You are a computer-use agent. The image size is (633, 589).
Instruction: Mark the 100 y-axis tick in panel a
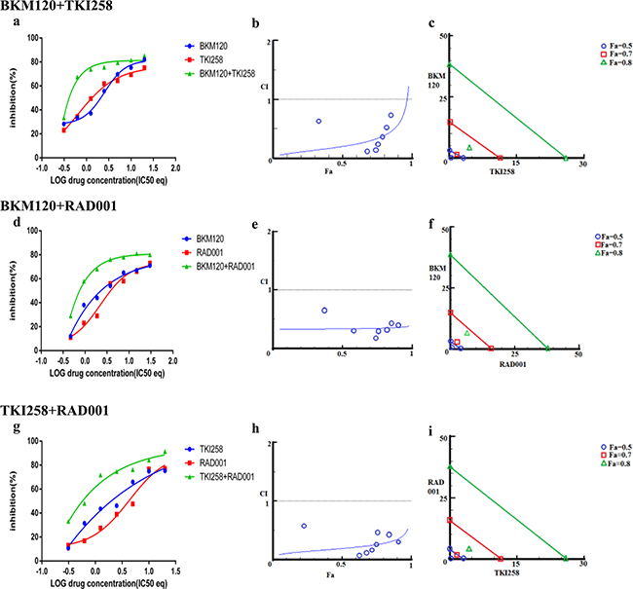click(x=32, y=39)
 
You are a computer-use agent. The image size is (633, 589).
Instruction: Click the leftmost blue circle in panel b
click(x=318, y=121)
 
